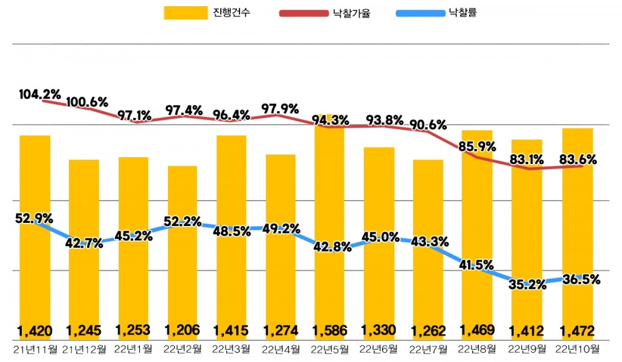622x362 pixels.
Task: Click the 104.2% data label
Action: tap(40, 95)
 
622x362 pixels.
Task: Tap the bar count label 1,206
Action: tap(182, 330)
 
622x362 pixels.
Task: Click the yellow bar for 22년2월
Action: tap(182, 248)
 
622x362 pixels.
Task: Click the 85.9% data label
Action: tap(478, 147)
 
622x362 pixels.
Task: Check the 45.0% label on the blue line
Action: tap(380, 237)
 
